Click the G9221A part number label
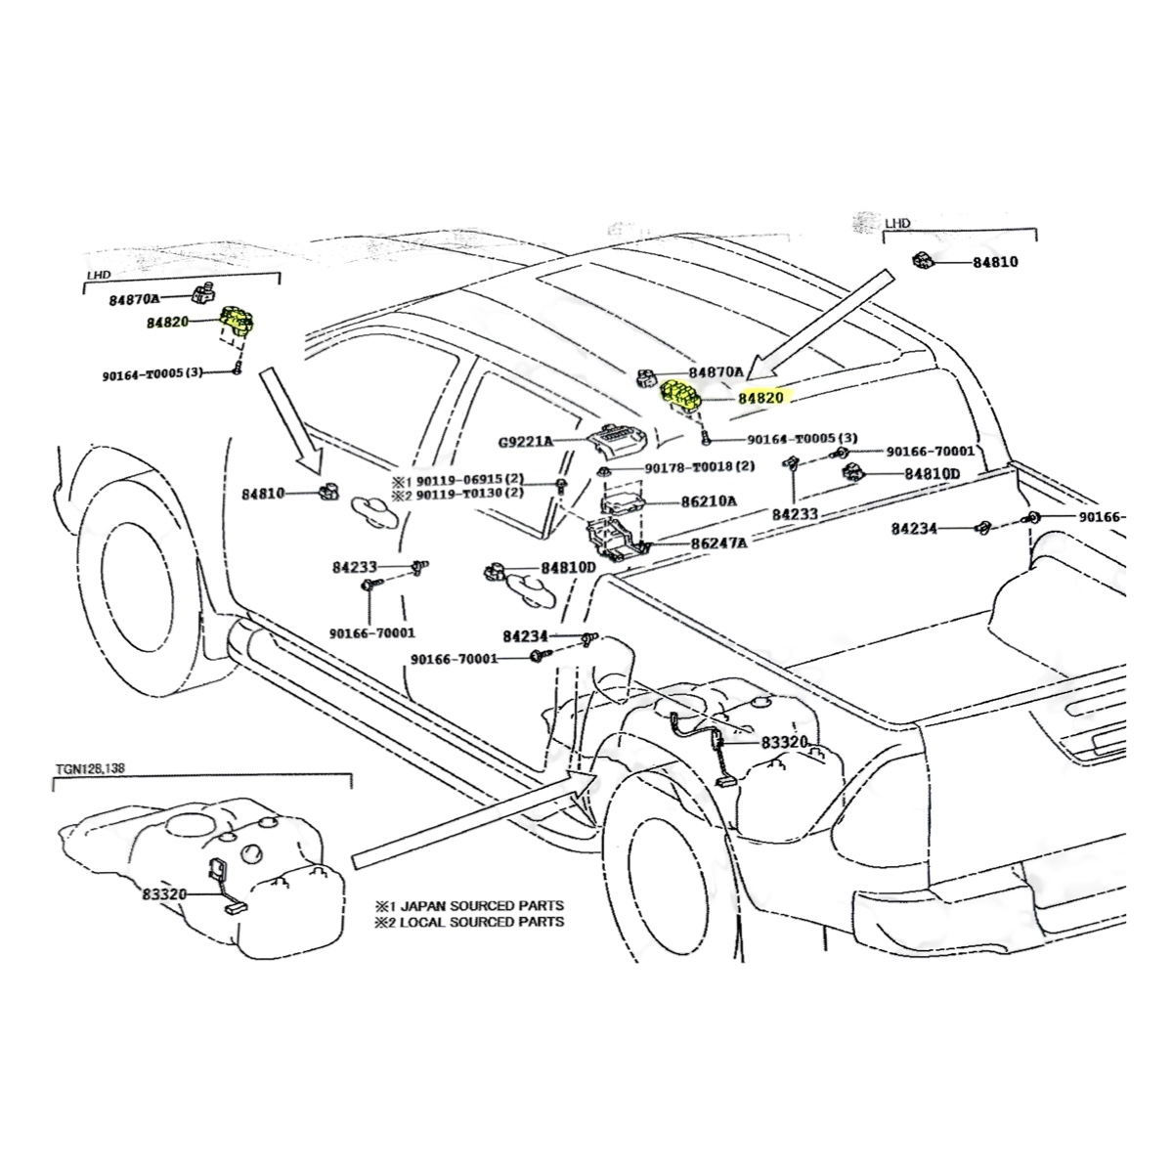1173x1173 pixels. (526, 442)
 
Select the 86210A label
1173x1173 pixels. (710, 501)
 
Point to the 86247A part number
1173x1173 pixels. (718, 543)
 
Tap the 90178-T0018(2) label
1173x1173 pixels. (700, 468)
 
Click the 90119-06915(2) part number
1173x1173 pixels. (472, 482)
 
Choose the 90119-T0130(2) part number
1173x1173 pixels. (472, 494)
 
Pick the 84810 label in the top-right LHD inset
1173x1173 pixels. (996, 262)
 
